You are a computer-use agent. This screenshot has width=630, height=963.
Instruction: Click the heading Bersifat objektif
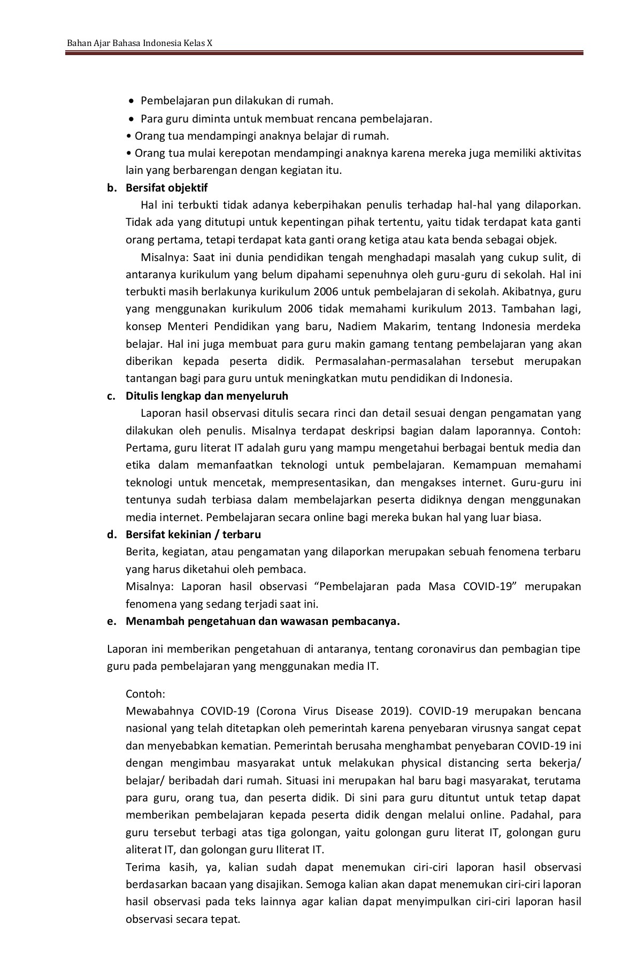(166, 188)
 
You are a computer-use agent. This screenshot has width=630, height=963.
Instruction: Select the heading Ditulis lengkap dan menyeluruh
(206, 396)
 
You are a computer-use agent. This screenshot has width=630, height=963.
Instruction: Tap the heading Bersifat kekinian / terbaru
(193, 534)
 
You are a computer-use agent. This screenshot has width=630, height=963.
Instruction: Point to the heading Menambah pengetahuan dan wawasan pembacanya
(263, 621)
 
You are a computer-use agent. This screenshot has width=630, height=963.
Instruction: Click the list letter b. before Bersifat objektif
(111, 188)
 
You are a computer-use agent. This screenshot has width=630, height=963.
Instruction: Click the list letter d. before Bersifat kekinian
(111, 534)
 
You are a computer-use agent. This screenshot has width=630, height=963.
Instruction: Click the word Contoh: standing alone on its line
(145, 694)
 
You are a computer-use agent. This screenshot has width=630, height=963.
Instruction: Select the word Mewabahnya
(157, 711)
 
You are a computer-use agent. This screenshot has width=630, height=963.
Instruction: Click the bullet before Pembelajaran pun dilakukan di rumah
(132, 101)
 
